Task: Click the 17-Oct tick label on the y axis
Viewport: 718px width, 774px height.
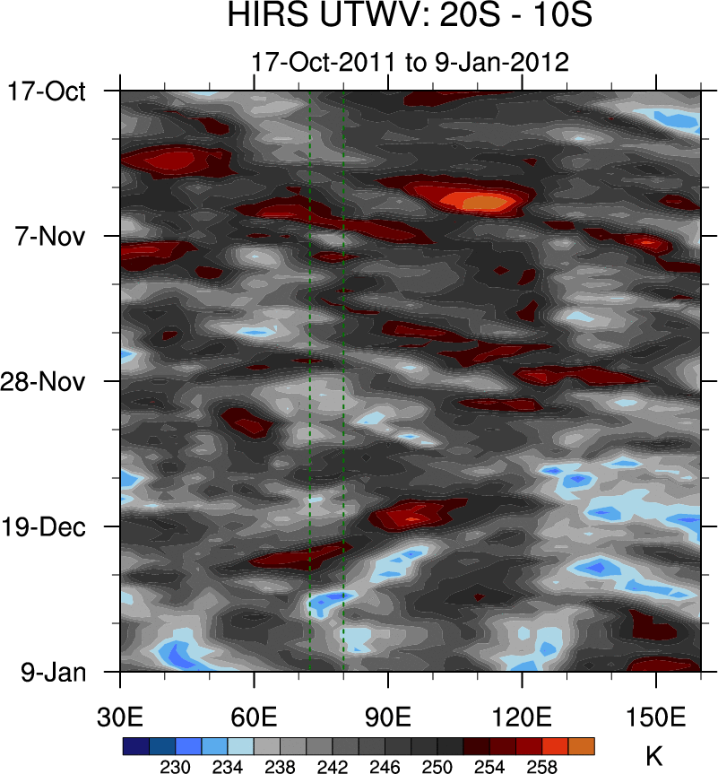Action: click(x=47, y=91)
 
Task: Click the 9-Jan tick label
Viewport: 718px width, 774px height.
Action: click(x=53, y=671)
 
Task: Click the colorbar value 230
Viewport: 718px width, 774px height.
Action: click(x=176, y=767)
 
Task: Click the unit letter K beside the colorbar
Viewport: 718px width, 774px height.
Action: click(x=654, y=756)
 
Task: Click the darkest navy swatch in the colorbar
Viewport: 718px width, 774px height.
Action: click(x=136, y=746)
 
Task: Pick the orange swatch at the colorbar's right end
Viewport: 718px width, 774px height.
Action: click(x=581, y=746)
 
